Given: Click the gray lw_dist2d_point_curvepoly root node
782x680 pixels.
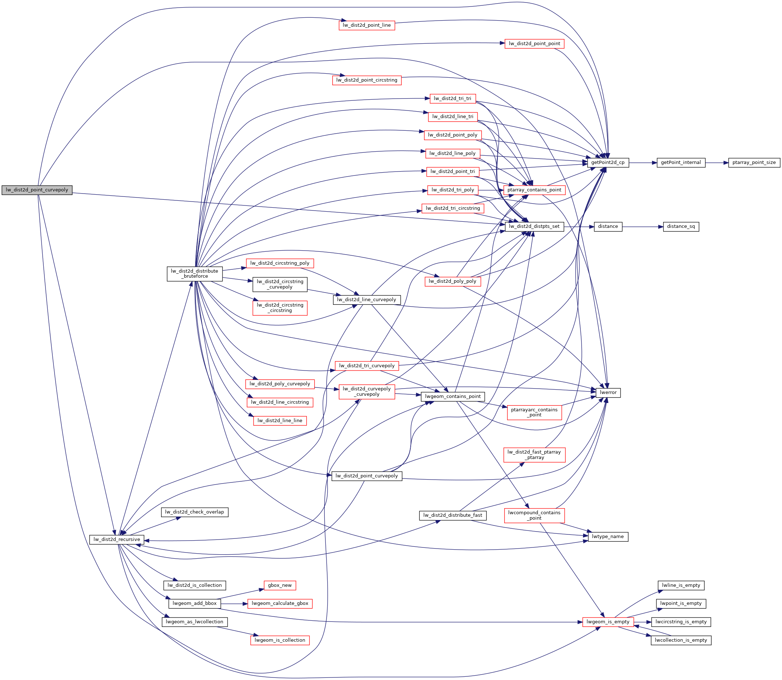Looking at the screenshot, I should click(x=37, y=190).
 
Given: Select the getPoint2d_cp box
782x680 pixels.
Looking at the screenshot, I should click(x=608, y=163).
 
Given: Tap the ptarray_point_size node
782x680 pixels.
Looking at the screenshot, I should click(x=754, y=163).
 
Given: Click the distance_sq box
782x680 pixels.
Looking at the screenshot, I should click(x=681, y=226).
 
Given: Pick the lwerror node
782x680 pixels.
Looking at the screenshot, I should click(x=608, y=393).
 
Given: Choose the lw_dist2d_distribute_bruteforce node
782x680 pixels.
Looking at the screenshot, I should click(x=194, y=274).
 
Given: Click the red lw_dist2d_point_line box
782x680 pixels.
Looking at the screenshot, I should click(x=366, y=25).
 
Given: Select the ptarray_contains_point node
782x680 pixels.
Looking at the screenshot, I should click(x=534, y=190).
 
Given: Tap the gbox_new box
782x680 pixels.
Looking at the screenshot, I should click(x=280, y=585).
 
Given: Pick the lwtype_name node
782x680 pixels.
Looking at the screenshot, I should click(x=608, y=537).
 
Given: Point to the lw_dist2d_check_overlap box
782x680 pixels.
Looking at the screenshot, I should click(x=194, y=512).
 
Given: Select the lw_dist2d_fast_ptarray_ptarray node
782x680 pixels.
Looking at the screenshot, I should click(x=534, y=455).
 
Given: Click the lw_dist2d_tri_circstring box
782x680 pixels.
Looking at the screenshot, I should click(x=453, y=208).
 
